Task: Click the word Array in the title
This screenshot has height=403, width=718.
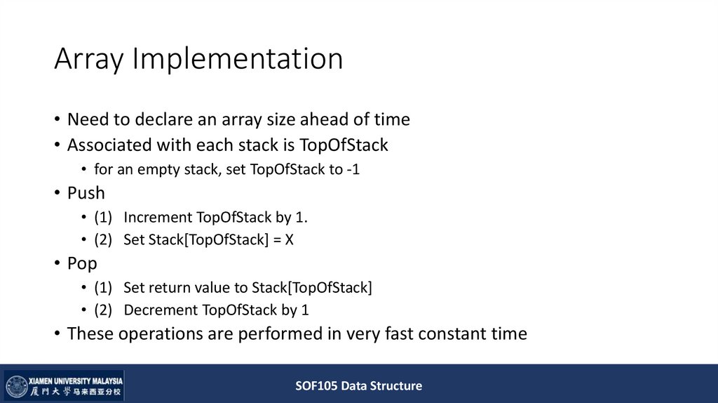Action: (88, 60)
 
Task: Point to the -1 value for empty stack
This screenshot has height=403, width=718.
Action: (353, 169)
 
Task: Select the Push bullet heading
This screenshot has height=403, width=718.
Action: (86, 193)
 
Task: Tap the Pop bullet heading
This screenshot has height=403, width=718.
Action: (82, 263)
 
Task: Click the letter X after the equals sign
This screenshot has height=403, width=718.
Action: (289, 239)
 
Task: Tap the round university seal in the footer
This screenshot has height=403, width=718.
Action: (16, 387)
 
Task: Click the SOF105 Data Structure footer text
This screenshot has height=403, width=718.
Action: (358, 385)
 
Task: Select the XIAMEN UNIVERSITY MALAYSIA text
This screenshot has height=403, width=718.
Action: (76, 379)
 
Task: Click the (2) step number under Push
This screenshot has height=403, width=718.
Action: (104, 239)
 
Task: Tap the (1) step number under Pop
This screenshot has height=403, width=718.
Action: (104, 287)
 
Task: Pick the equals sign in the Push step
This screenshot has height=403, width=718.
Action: (277, 239)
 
